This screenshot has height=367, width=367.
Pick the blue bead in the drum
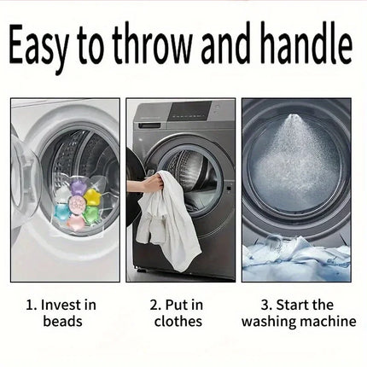[62, 211]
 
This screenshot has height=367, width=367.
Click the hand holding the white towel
[153, 183]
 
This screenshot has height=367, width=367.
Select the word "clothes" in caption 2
[178, 321]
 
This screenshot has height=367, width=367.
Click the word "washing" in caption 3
[266, 321]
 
